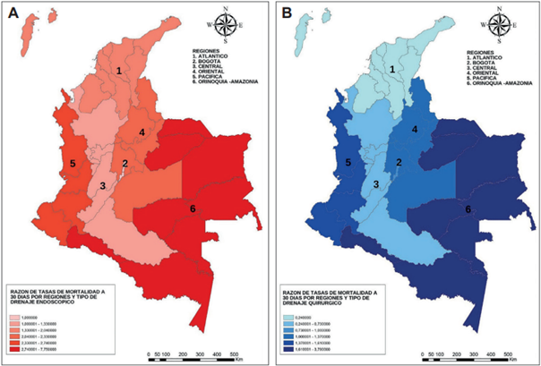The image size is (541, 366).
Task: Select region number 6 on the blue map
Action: [467, 208]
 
